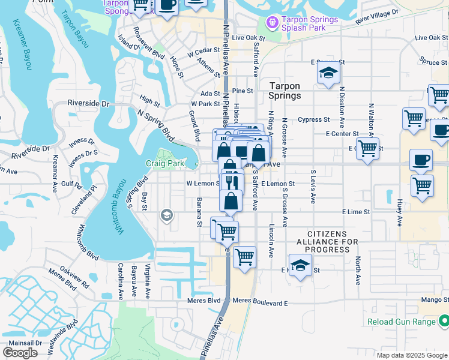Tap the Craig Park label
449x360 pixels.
click(x=164, y=163)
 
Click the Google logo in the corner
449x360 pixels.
click(x=20, y=352)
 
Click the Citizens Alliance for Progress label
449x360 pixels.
click(x=327, y=241)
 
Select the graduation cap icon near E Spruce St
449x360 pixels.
click(x=328, y=74)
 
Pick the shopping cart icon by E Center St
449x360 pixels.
click(x=367, y=148)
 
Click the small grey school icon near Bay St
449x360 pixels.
click(x=166, y=215)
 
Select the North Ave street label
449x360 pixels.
click(x=358, y=271)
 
